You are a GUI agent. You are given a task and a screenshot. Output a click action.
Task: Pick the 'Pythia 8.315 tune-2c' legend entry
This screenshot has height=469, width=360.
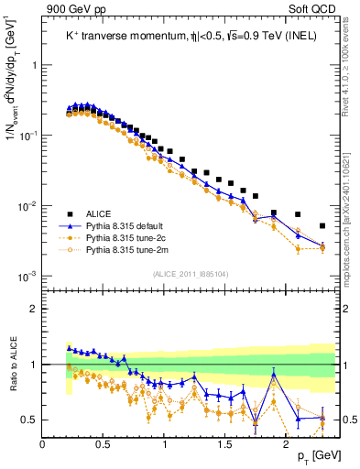133,236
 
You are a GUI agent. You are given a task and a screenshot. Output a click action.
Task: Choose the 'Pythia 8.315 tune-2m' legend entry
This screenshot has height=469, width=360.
133,249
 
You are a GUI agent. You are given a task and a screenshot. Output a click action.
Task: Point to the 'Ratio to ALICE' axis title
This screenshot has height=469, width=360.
13,364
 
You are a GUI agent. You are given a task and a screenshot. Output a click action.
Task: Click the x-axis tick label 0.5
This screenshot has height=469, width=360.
104,442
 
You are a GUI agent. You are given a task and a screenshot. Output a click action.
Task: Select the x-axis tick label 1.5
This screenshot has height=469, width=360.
225,442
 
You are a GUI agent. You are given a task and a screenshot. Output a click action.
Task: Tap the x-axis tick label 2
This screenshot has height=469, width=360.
287,442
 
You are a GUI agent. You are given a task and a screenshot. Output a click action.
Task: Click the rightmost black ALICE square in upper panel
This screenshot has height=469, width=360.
322,225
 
